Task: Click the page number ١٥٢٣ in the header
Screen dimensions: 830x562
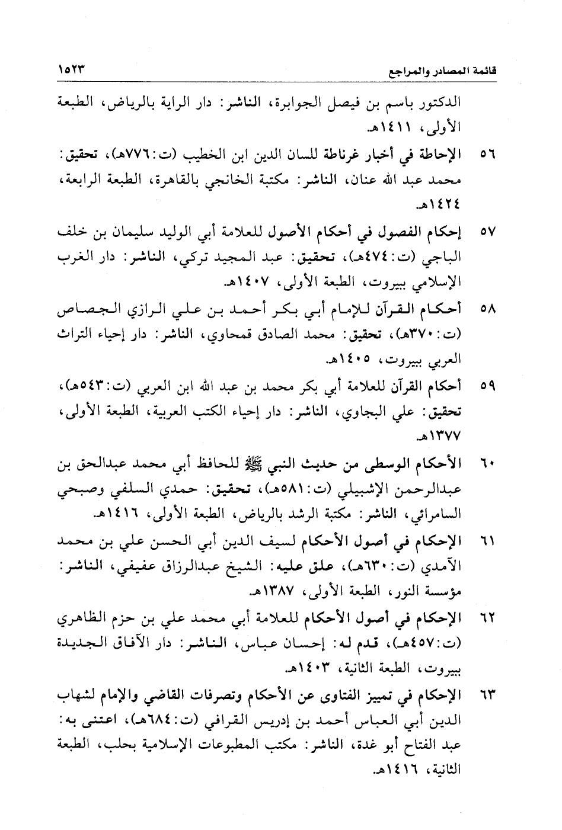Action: click(x=72, y=69)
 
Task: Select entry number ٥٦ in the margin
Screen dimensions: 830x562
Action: click(x=487, y=156)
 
